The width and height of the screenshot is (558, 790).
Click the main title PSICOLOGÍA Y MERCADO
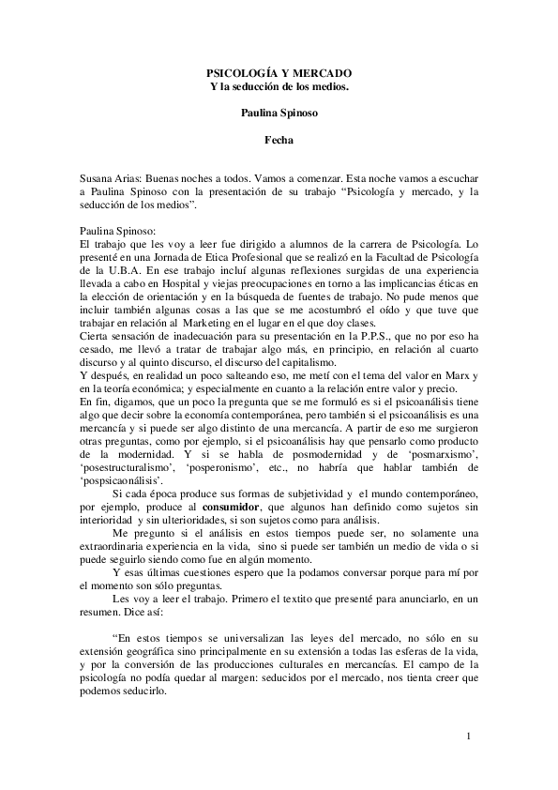click(x=279, y=72)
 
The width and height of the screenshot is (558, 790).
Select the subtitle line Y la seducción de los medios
click(x=279, y=86)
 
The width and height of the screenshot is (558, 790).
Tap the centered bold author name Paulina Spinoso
click(x=279, y=114)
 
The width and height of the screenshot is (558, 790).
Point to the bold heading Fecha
click(x=279, y=141)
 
